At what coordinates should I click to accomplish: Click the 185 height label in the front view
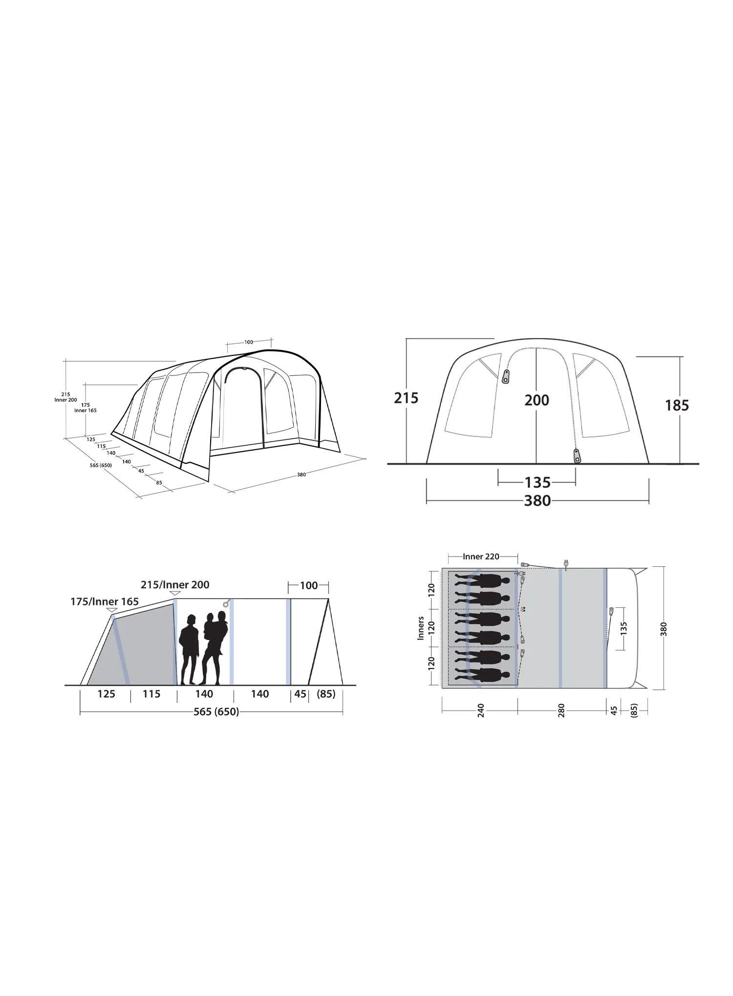(x=677, y=405)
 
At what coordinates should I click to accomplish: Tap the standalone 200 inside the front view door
(x=537, y=400)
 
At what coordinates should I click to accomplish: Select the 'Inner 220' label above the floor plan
(x=481, y=557)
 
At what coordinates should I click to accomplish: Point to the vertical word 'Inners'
(x=421, y=628)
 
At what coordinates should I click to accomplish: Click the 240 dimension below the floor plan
(x=480, y=710)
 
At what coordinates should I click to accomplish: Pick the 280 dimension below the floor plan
(x=561, y=710)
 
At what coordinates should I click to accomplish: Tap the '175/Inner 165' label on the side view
(x=105, y=602)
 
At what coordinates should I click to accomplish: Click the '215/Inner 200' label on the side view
(x=175, y=584)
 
